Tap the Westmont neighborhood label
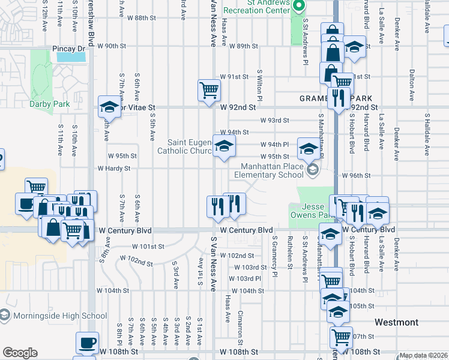396,322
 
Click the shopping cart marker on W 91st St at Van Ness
209,91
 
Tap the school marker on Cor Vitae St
110,107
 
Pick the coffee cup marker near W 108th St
87,343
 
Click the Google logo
20,353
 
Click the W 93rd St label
274,120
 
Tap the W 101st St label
148,246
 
